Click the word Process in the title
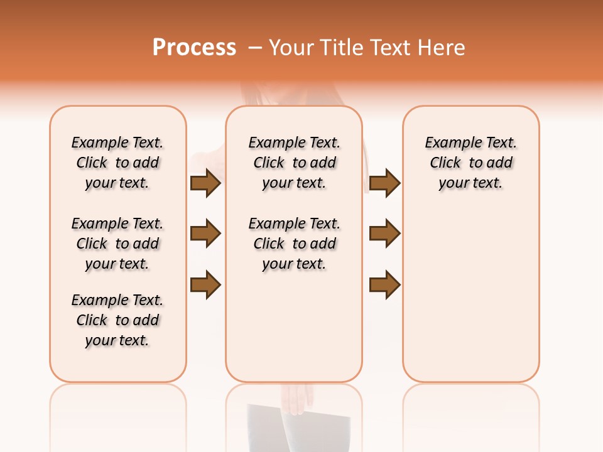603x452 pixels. pos(194,48)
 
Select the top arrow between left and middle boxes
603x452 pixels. pos(205,183)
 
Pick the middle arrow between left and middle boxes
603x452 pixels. pos(205,234)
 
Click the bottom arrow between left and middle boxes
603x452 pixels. pos(205,284)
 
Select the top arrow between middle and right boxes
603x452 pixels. pos(384,183)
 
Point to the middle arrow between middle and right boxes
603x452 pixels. pos(384,234)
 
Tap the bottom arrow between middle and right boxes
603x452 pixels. pos(384,284)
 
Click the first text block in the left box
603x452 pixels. pos(117,163)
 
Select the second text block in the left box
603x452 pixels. pos(117,244)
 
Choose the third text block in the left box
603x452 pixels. pos(117,320)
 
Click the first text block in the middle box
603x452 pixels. pos(294,163)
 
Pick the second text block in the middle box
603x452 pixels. pos(294,244)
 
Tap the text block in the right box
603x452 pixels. pos(470,163)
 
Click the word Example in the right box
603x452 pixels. pos(449,143)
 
